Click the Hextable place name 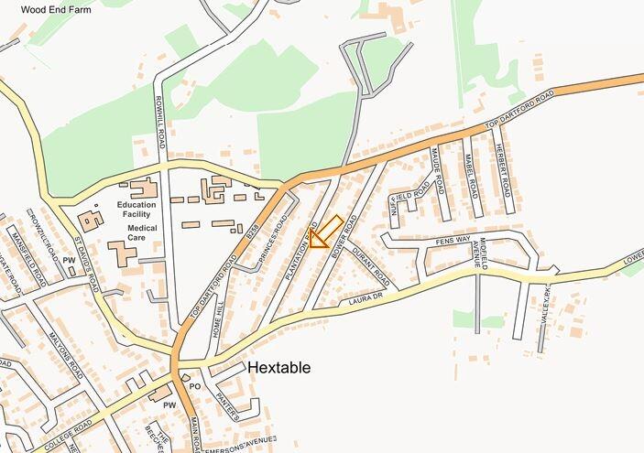pos(278,368)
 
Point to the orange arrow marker pos(324,232)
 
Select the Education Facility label pos(136,210)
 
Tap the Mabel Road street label pos(471,170)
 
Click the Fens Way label pos(453,240)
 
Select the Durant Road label pos(371,266)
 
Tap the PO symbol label pos(194,386)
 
